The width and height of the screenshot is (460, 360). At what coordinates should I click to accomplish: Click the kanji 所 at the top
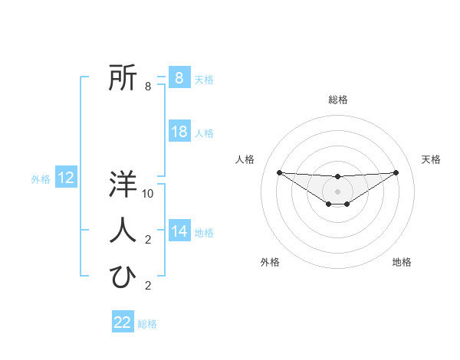point(123,78)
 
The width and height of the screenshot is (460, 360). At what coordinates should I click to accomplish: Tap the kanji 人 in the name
point(123,230)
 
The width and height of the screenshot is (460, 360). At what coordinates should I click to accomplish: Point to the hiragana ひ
point(123,277)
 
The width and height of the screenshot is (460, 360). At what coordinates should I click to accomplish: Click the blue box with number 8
point(179,78)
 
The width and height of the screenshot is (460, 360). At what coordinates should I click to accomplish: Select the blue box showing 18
point(179,132)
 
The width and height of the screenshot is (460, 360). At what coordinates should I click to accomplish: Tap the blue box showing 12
point(66,178)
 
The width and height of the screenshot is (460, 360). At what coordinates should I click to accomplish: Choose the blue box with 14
point(179,231)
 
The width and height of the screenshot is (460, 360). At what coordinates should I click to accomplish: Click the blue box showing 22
point(123,322)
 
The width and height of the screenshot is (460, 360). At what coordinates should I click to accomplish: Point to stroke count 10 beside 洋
point(149,194)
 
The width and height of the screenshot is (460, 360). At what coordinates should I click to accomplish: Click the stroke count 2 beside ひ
point(148,286)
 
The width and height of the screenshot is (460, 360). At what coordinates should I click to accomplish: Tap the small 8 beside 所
point(148,87)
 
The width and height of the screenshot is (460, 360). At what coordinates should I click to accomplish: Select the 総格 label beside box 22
point(147,324)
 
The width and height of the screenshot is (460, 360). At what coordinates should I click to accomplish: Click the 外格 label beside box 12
point(41,179)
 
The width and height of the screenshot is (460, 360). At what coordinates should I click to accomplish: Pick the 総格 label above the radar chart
point(337,100)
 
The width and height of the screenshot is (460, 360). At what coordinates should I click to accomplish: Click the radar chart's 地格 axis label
point(402,262)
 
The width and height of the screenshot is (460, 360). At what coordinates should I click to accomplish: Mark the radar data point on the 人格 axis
point(279,172)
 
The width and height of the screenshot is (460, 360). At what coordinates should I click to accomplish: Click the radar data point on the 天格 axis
point(396,172)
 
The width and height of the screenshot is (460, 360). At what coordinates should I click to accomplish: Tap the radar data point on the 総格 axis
point(337,177)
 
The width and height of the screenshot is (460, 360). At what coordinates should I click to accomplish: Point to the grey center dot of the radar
point(337,191)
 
